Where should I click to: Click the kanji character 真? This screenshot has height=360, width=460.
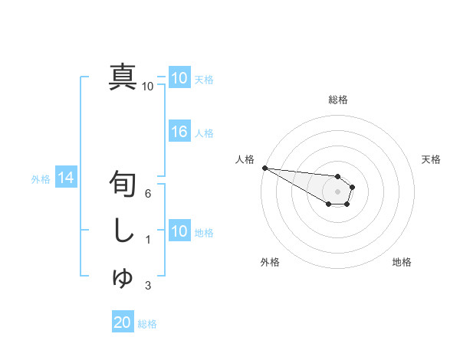pyautogui.click(x=123, y=77)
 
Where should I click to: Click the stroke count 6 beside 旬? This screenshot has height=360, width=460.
pyautogui.click(x=148, y=194)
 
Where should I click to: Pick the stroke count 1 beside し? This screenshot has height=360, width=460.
pyautogui.click(x=148, y=240)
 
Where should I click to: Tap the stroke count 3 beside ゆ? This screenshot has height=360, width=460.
pyautogui.click(x=148, y=286)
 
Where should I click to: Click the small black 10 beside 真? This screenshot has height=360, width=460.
pyautogui.click(x=147, y=87)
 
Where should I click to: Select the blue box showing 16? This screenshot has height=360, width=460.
pyautogui.click(x=179, y=132)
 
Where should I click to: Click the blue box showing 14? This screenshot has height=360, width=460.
pyautogui.click(x=65, y=178)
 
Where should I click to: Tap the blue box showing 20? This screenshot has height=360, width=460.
pyautogui.click(x=123, y=322)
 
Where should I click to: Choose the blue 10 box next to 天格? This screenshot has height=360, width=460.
pyautogui.click(x=179, y=78)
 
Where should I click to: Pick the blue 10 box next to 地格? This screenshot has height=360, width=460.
pyautogui.click(x=179, y=231)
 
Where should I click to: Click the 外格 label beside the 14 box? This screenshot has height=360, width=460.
pyautogui.click(x=41, y=179)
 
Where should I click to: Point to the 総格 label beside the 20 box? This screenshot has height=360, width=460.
pyautogui.click(x=147, y=324)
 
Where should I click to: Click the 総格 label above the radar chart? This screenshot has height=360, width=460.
pyautogui.click(x=338, y=100)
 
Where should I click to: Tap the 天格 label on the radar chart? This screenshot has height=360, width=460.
pyautogui.click(x=432, y=159)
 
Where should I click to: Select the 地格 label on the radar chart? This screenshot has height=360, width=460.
pyautogui.click(x=402, y=262)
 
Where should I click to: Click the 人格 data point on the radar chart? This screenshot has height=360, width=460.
pyautogui.click(x=264, y=168)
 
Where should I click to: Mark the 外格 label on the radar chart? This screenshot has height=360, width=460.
pyautogui.click(x=270, y=262)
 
